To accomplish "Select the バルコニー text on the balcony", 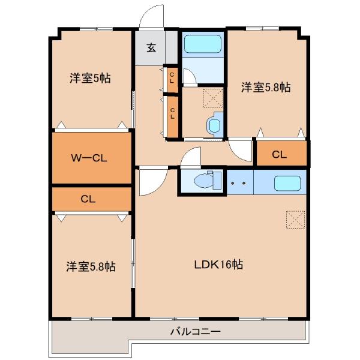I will [196, 331].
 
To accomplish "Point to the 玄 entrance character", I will [152, 49].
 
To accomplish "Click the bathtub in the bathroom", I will [202, 44].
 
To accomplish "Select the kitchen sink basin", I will [287, 183].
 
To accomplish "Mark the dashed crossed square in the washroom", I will [212, 97].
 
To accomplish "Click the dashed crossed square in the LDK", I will [295, 220].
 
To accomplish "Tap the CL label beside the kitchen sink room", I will [279, 154].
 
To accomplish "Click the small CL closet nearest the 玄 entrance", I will [172, 77].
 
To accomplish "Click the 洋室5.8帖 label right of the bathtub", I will [266, 88].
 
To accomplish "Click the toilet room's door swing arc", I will [191, 158].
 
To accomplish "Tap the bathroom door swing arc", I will [188, 76].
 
